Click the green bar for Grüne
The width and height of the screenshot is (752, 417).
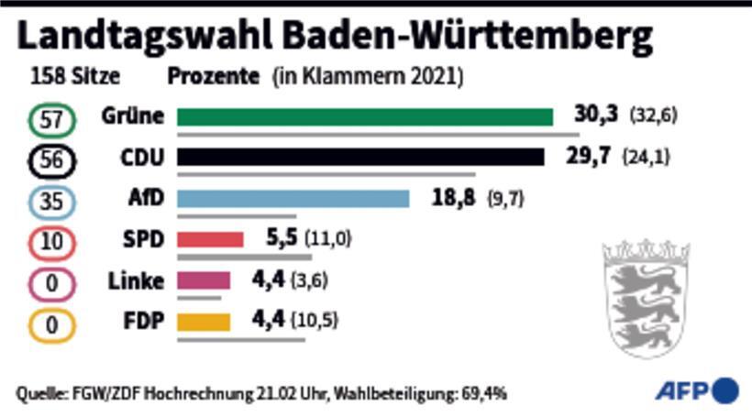coord(365,116)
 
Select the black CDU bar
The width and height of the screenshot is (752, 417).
coord(360,158)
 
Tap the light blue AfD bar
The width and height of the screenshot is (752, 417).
coord(293,199)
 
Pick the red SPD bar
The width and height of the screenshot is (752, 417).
coord(210,240)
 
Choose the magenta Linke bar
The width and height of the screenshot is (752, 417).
coord(204,281)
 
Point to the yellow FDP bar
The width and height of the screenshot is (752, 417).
coord(204,323)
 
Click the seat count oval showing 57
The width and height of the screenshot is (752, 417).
coord(52,119)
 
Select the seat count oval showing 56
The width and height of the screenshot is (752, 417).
coord(52,160)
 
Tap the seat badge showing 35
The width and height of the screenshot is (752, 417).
coord(52,202)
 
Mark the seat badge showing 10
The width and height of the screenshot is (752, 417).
coord(52,243)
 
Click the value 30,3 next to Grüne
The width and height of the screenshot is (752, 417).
coord(596,115)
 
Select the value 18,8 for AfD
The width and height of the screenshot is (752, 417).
coord(453,198)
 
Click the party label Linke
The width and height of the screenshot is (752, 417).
coord(134,281)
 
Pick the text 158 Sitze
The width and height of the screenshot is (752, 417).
coord(74,77)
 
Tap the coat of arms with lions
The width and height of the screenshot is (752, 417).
coord(646,295)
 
